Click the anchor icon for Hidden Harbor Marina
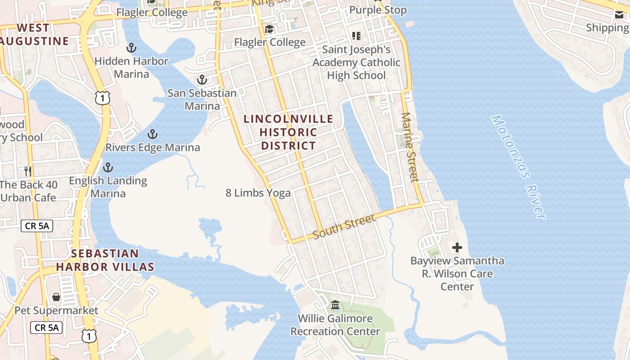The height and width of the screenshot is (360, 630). [131, 47]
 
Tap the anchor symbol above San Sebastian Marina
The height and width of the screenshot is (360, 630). [202, 80]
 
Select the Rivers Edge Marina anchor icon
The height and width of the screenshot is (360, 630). [153, 134]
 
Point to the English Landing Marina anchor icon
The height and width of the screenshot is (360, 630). [108, 168]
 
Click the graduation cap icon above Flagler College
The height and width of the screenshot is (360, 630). [269, 30]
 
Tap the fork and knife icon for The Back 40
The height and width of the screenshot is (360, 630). [28, 171]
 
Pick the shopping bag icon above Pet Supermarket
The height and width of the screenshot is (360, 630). [56, 297]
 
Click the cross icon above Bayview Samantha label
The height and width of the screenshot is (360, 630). [457, 247]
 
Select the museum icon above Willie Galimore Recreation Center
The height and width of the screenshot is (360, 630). [335, 305]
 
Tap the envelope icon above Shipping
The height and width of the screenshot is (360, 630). [619, 15]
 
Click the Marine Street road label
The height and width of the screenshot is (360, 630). [409, 148]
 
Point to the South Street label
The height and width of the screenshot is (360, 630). [344, 227]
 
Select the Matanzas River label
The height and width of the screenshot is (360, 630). [518, 167]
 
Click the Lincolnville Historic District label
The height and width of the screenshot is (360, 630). [288, 132]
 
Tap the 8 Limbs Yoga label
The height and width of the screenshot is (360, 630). [258, 193]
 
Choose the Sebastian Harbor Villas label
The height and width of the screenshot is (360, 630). [105, 260]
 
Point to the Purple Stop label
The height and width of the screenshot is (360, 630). [378, 10]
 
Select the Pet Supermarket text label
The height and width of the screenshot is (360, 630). [56, 310]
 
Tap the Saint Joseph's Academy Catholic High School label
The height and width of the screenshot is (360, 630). [356, 62]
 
